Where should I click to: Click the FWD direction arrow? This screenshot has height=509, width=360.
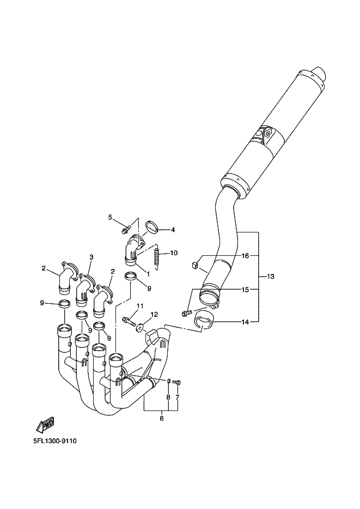(45, 425)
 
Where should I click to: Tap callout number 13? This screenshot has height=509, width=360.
(270, 277)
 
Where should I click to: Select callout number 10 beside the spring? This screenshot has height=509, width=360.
(174, 253)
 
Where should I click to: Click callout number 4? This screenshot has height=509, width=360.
(173, 230)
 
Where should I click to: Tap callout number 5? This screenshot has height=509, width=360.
(110, 217)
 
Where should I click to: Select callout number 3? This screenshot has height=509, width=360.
(91, 257)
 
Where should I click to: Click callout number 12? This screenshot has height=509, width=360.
(154, 314)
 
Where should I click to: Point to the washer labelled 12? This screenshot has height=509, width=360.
(140, 328)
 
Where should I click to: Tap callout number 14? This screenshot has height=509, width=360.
(245, 322)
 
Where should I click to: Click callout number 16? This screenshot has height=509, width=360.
(245, 256)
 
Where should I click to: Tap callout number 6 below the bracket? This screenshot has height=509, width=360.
(162, 419)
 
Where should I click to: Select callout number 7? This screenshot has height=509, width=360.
(178, 397)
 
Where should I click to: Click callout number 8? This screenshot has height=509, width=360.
(168, 397)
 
